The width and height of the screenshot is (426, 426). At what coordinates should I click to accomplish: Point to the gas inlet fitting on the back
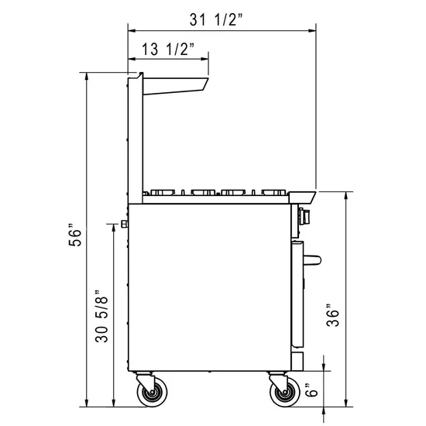point(123,224)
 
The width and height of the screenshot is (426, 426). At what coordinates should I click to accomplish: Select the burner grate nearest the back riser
point(163,191)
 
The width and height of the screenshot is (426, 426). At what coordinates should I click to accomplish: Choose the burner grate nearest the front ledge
point(273,191)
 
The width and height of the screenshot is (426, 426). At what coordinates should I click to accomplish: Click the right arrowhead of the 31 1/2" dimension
point(314,30)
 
